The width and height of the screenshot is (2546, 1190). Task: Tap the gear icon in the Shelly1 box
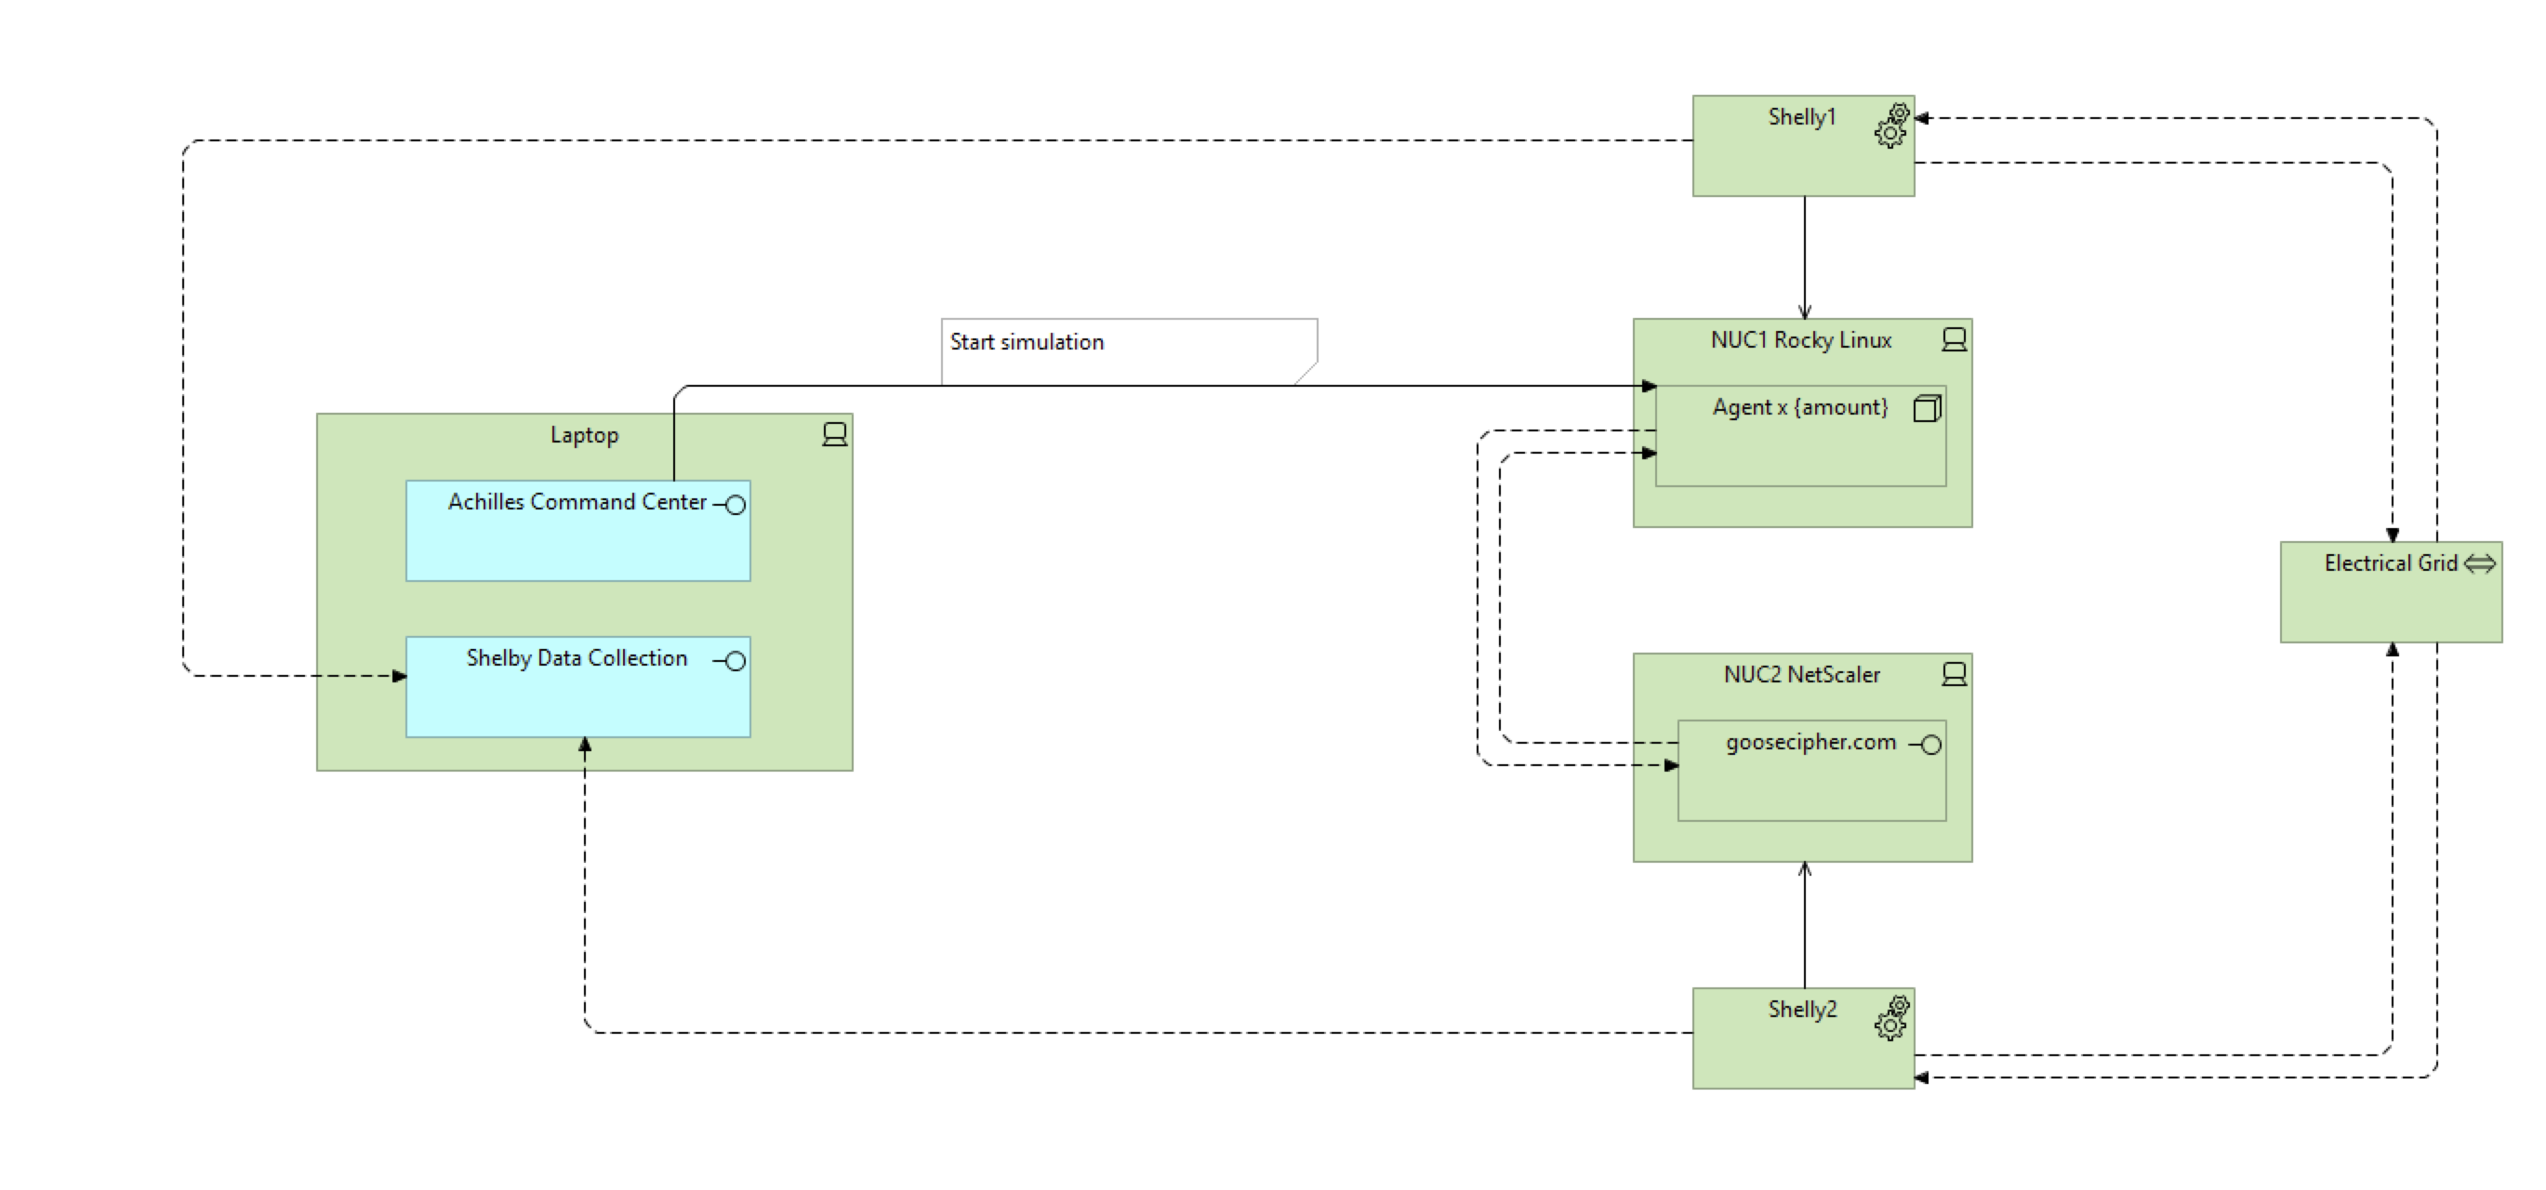pos(1891,126)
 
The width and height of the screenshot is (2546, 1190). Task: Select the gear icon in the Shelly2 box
pos(1891,1019)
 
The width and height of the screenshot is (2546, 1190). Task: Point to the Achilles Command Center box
pos(577,544)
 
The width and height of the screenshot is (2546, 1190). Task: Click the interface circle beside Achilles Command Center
pos(735,505)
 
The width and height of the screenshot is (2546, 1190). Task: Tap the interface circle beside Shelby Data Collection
pos(735,661)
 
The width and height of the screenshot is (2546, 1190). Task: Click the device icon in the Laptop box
pos(834,435)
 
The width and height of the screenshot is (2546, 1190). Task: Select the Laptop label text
pos(584,435)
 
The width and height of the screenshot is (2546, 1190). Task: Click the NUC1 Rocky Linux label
pos(1801,340)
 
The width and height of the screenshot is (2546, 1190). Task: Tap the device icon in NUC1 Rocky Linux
pos(1953,340)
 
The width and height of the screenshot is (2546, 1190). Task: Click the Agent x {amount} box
pos(1800,450)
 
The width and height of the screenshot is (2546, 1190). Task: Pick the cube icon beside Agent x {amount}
pos(1927,408)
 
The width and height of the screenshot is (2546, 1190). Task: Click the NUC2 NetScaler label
pos(1801,674)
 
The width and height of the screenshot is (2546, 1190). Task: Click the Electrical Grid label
pos(2390,563)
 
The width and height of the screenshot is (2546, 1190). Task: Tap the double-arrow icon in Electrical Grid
pos(2479,563)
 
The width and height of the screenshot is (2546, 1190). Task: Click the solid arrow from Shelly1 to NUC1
pos(1804,257)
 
